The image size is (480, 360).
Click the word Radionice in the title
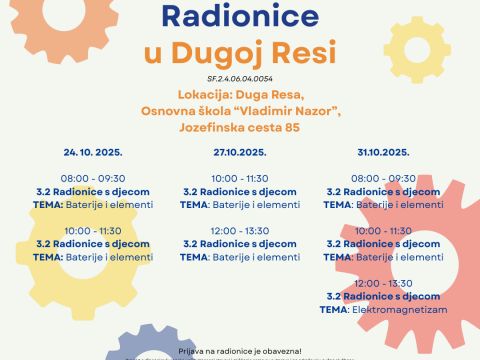coord(239,15)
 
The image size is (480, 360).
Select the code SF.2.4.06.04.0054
coord(239,77)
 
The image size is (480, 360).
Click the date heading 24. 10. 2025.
coord(93,152)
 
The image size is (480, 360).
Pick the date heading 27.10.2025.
coord(239,152)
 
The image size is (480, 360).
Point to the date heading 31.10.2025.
coord(384,152)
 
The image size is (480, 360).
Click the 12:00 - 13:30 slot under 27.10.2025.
coord(239,230)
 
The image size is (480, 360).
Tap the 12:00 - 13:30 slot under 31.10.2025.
coord(384,283)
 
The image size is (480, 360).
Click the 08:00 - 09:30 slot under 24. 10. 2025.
coord(93,178)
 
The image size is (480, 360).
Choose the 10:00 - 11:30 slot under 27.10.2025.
coord(239,178)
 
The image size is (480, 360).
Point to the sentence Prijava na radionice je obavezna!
coord(239,351)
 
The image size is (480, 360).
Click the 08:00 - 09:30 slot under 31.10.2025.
coord(384,178)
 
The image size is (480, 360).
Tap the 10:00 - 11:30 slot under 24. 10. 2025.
coord(93,230)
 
